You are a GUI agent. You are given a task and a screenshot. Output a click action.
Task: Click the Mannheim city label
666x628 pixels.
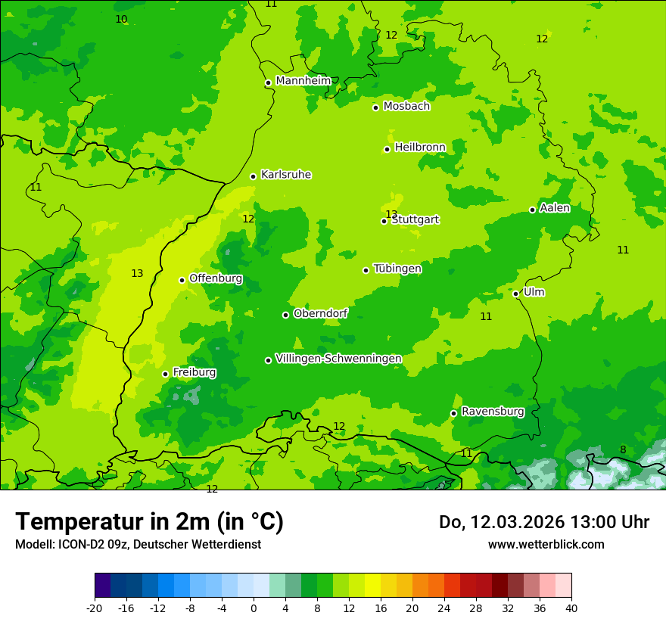[303, 81]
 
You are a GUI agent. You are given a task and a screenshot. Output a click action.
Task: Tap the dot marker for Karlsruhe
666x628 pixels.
[253, 176]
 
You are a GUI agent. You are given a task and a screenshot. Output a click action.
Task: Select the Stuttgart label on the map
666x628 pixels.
[415, 220]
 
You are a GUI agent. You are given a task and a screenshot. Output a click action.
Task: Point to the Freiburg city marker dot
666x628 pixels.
[165, 374]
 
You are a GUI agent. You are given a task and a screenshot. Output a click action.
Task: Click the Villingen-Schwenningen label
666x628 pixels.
[338, 359]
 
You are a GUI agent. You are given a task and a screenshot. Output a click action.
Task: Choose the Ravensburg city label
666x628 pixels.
[493, 412]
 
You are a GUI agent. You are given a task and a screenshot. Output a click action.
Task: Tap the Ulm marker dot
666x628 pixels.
[515, 294]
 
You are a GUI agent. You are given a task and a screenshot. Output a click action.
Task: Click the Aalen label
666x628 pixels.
[555, 208]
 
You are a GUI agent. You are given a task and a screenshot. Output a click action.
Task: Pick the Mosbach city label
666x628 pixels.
[406, 107]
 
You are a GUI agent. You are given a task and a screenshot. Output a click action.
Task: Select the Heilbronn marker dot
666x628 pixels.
[387, 149]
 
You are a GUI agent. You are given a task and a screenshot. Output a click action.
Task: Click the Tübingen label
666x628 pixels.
[397, 269]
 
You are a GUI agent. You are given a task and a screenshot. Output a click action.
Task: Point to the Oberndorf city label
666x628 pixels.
[321, 313]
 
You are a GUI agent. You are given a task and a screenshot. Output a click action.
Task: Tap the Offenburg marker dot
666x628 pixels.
[182, 280]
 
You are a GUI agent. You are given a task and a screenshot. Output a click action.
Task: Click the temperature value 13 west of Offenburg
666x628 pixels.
[137, 273]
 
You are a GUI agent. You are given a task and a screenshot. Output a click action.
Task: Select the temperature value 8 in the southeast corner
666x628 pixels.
[623, 449]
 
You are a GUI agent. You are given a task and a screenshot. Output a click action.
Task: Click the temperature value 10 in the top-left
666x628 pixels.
[121, 19]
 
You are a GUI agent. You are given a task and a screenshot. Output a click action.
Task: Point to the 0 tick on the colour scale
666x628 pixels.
[254, 608]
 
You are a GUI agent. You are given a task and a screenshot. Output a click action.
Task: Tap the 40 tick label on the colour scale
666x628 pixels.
[571, 608]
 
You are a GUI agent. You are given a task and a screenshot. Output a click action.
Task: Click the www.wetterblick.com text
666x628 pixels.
[546, 544]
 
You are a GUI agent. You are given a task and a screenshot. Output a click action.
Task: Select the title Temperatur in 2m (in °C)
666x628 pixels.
[149, 521]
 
